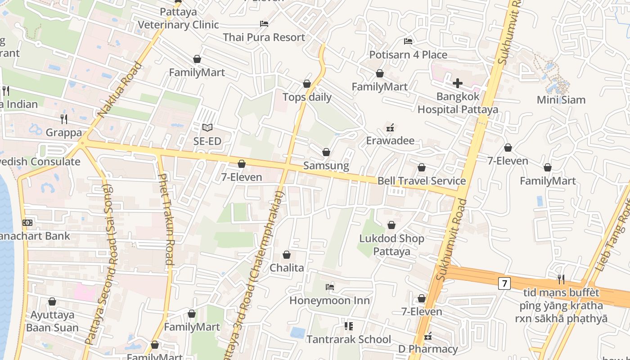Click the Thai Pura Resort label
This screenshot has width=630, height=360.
point(264,37)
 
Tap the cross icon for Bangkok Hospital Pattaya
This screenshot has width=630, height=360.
point(458,83)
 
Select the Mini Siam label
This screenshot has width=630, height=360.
point(561,99)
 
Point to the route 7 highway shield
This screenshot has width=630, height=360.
point(504,283)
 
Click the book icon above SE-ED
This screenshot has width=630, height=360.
point(207,128)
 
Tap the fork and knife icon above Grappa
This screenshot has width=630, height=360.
point(64,119)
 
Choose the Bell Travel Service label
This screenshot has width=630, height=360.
point(422,181)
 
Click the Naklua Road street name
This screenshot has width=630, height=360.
point(120,90)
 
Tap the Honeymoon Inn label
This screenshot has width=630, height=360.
point(330,300)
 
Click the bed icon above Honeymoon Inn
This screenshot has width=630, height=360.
point(330,287)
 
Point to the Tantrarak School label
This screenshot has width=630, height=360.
point(349,339)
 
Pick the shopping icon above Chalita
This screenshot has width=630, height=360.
point(287,255)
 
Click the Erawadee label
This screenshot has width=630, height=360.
point(390,140)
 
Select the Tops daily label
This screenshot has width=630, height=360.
point(307,97)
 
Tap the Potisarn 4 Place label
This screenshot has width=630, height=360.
point(408,55)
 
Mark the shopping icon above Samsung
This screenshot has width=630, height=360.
point(326,153)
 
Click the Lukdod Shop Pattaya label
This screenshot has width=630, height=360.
point(391,245)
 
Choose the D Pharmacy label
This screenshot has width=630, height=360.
point(428,349)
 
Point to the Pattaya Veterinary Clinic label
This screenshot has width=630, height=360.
point(178,18)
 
